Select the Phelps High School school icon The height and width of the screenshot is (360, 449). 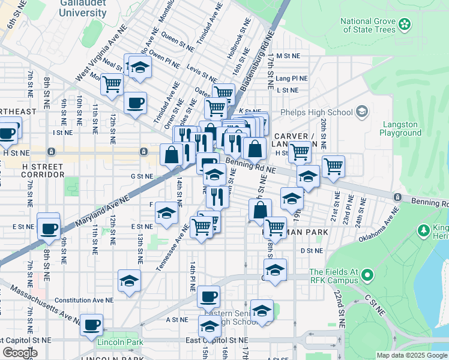coord(361,112)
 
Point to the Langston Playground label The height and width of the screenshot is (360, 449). coord(400,128)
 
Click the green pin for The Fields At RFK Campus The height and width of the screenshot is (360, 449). coord(367,276)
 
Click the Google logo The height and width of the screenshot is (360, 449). coord(20,353)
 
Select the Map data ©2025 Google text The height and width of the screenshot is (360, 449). coord(411,355)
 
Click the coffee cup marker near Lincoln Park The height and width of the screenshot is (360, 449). coord(91,325)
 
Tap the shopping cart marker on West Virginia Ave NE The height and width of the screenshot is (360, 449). coord(112,85)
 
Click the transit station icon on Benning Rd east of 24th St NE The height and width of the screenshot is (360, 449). coord(397,197)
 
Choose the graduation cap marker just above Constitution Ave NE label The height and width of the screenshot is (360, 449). coord(129,281)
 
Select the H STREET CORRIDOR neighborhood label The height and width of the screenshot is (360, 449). coord(34,170)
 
